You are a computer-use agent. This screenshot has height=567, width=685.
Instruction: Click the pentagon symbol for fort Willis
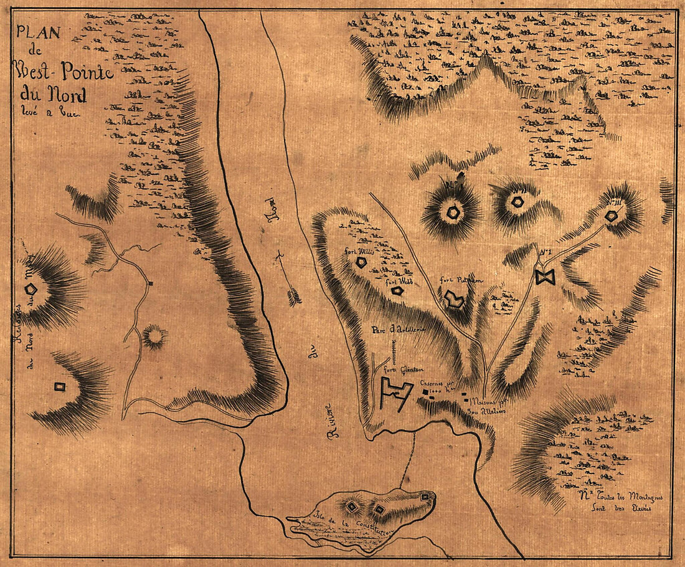click(x=361, y=263)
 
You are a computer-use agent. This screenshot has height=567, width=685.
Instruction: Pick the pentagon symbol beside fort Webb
click(x=395, y=290)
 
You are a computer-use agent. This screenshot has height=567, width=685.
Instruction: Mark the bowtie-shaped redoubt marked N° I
click(x=544, y=277)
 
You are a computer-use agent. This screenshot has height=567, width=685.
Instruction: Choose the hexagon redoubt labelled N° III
click(x=612, y=215)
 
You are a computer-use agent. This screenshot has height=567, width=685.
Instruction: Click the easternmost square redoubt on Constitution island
click(x=425, y=497)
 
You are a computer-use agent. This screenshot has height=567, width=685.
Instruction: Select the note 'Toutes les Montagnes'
click(x=616, y=497)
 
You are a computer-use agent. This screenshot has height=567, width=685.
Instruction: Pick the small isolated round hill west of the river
click(x=154, y=337)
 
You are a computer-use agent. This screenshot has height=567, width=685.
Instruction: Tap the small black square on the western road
click(x=151, y=284)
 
